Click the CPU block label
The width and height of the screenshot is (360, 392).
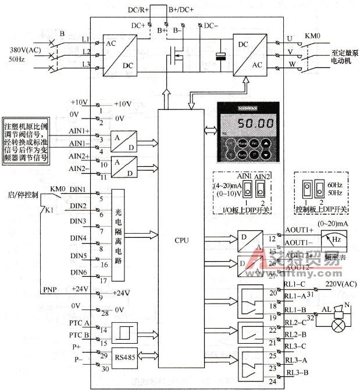click(x=181, y=238)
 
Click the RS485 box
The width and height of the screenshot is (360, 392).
click(x=126, y=357)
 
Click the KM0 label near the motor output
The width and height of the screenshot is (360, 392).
click(x=312, y=35)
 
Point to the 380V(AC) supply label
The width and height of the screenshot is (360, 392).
click(x=24, y=51)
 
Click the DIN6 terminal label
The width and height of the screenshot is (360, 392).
click(x=79, y=273)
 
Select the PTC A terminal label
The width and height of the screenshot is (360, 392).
click(x=79, y=323)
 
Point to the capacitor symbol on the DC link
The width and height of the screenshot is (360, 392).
click(x=220, y=57)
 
